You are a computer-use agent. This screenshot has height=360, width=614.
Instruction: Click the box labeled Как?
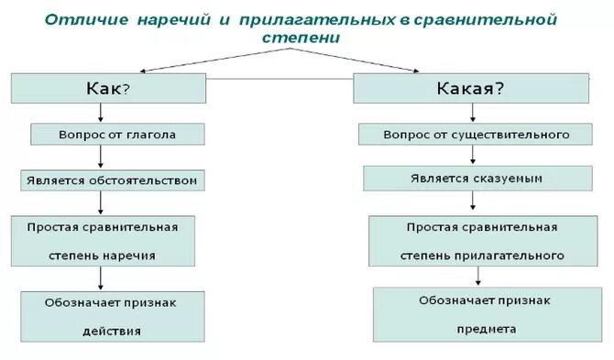108,88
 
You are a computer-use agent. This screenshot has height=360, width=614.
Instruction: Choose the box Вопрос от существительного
476,135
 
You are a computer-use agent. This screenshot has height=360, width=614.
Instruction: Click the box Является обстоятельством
112,180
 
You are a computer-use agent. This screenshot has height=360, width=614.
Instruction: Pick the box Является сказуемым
476,178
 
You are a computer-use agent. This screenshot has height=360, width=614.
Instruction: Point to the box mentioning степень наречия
102,241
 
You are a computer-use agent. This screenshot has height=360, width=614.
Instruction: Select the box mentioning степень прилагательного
475,241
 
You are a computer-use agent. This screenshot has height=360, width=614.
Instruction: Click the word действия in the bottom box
111,331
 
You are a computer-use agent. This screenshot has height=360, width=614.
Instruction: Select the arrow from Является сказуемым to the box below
475,202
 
